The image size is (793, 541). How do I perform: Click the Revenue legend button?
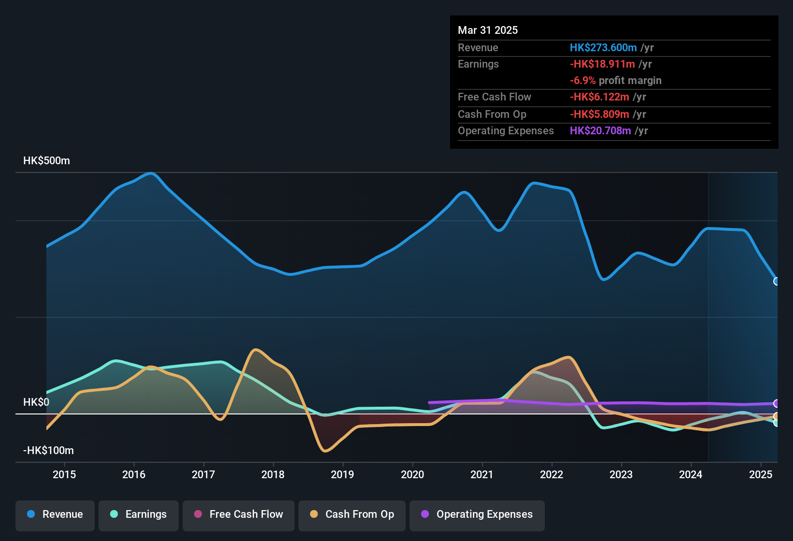coord(55,515)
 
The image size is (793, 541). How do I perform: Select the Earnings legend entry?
coord(139,515)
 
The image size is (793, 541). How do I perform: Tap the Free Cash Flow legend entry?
coord(239,515)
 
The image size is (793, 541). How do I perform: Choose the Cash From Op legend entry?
coord(352,515)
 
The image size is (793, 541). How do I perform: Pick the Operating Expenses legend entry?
coord(477,515)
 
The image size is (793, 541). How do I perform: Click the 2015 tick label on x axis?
coord(64,475)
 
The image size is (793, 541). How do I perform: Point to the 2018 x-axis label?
coord(273,475)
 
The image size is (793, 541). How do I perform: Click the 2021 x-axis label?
coord(482,475)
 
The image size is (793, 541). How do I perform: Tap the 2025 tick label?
coord(760,475)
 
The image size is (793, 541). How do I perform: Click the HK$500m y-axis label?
coord(46,161)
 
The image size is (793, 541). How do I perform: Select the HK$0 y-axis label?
coord(36,402)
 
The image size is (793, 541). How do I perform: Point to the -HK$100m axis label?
coord(48,451)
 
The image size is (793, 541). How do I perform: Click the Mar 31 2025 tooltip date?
coord(488,30)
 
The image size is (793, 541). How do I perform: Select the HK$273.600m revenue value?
coord(603,48)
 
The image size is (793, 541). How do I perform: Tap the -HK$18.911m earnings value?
coord(602,64)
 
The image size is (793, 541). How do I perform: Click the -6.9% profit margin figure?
coord(582,81)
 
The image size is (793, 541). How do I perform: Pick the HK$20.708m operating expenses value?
coord(600,131)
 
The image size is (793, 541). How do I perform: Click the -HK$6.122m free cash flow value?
coord(599,97)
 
